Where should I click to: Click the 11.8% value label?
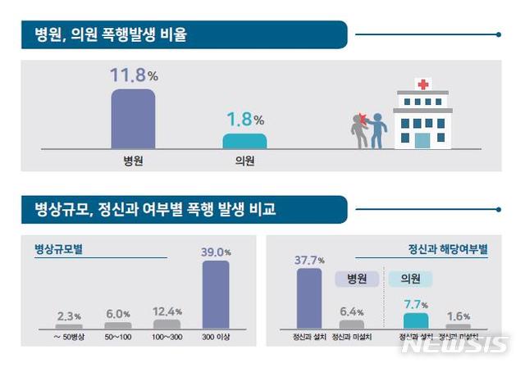133,76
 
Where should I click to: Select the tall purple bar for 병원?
133,118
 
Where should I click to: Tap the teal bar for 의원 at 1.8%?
244,141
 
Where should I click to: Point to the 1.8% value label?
244,120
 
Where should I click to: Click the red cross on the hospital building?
423,84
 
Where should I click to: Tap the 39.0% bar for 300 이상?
215,294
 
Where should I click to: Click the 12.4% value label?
167,311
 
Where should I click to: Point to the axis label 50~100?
118,337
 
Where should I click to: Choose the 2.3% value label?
69,316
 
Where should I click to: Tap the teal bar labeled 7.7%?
416,320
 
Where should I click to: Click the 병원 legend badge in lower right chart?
357,279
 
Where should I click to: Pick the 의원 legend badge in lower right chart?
409,279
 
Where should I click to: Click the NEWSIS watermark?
454,345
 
